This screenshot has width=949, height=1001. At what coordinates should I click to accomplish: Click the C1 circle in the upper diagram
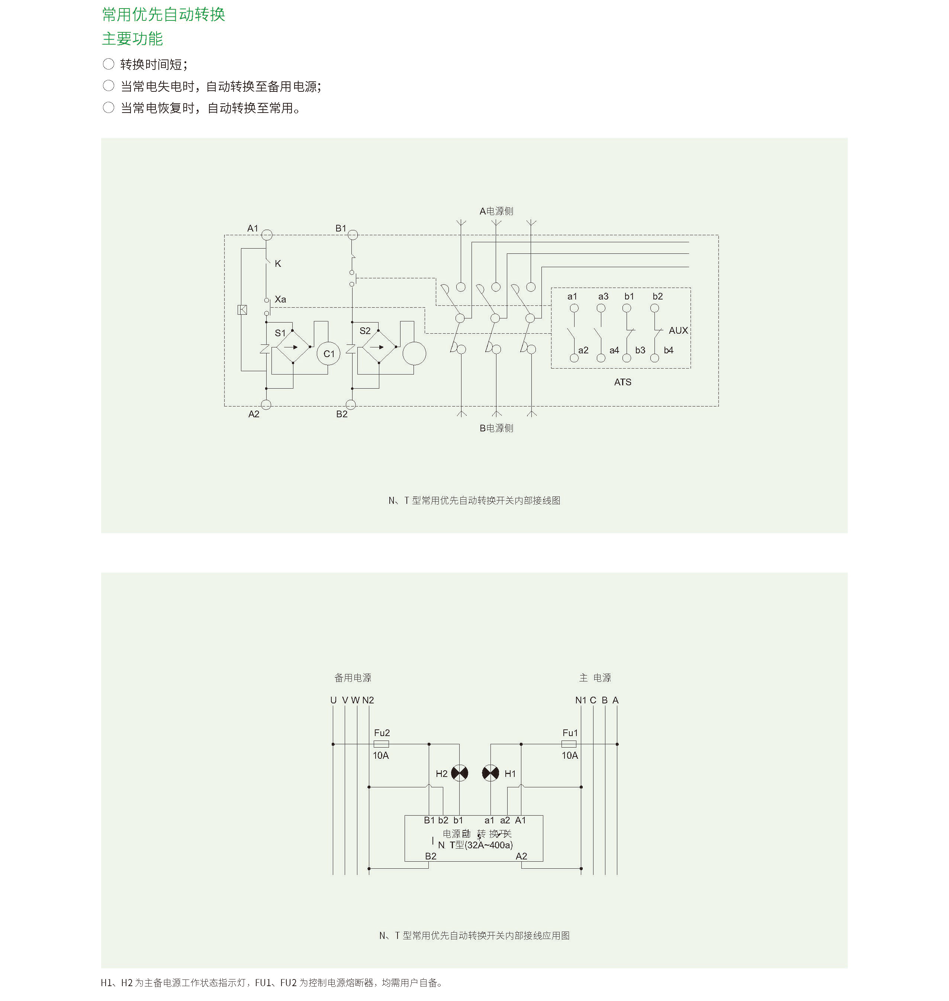click(x=329, y=354)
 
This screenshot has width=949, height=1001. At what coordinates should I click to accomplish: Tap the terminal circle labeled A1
click(x=267, y=234)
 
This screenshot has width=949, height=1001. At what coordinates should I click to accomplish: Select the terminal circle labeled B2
click(x=351, y=404)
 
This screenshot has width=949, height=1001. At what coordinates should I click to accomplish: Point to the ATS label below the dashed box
click(x=622, y=382)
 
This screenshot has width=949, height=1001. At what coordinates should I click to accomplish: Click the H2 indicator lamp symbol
click(x=459, y=773)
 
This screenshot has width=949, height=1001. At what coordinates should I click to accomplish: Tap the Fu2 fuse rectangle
click(x=381, y=744)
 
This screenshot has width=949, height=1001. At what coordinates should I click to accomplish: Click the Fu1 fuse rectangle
click(x=569, y=744)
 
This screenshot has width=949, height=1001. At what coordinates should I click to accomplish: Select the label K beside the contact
click(x=278, y=263)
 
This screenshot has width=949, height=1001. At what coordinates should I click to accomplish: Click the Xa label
click(x=280, y=299)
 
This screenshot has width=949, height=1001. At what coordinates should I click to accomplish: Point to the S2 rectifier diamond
click(x=379, y=347)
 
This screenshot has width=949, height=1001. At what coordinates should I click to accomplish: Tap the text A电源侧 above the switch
click(x=496, y=211)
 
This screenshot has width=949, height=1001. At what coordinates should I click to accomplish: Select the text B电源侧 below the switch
click(x=496, y=428)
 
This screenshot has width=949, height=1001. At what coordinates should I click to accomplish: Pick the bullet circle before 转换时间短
click(x=108, y=64)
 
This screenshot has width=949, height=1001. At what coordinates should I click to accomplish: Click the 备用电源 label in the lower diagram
click(x=353, y=677)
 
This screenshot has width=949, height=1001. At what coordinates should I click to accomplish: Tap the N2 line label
click(x=368, y=700)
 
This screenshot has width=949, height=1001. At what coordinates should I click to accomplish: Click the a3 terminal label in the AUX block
click(x=603, y=296)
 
